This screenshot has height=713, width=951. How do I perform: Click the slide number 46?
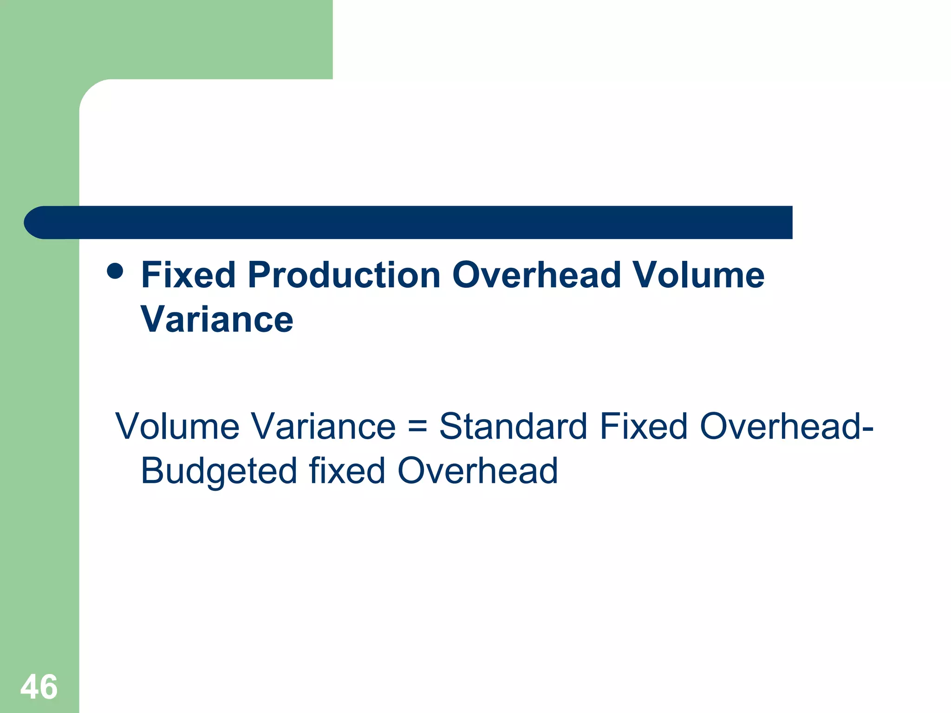tap(39, 687)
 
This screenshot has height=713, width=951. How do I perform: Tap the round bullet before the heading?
tap(115, 271)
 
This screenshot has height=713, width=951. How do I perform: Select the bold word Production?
tap(344, 275)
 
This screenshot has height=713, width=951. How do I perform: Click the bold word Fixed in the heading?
tap(188, 275)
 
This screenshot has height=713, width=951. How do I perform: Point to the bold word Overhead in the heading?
tap(536, 275)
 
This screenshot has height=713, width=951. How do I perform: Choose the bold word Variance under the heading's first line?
tap(217, 319)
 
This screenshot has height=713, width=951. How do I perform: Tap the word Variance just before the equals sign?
tap(324, 426)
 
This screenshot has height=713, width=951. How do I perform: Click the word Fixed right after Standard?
tap(643, 426)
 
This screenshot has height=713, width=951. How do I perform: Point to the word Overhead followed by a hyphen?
tap(780, 426)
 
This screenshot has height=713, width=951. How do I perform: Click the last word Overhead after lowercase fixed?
tap(477, 471)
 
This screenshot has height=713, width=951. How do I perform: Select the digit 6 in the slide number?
tap(48, 687)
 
